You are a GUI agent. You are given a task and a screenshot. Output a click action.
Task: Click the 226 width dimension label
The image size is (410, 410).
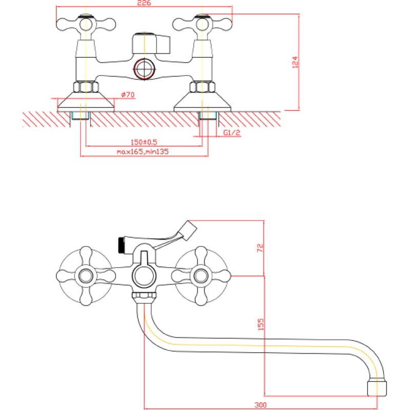point(144,3)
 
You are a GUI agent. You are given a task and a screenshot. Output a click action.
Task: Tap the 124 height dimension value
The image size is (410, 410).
point(295,62)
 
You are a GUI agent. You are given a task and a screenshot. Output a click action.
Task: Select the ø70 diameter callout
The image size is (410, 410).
point(128,94)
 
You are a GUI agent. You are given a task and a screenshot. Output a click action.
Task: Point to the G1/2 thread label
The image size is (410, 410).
point(232,133)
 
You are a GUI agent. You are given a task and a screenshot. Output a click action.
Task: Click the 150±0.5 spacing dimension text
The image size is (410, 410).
point(144,142)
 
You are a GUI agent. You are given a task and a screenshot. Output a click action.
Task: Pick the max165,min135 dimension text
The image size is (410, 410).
point(143,151)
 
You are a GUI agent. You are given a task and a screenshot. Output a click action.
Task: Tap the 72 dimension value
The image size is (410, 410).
point(260,248)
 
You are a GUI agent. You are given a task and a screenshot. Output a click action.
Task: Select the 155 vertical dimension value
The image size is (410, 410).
point(261,324)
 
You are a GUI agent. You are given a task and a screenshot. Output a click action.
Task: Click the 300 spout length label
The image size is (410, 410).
point(261,405)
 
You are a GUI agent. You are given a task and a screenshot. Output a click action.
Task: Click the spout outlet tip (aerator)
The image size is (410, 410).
point(377,388)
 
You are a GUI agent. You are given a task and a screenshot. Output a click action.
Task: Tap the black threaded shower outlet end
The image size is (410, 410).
point(121,245)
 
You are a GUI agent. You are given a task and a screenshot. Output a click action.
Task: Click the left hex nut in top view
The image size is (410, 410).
point(86,87)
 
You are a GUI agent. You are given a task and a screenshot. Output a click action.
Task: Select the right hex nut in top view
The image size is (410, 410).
point(202,87)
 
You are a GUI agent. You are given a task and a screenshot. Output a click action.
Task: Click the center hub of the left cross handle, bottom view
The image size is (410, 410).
point(86,276)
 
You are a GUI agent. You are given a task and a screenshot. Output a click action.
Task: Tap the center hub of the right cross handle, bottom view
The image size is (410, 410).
point(201,276)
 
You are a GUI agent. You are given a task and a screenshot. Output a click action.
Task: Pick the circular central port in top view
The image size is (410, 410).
point(145,69)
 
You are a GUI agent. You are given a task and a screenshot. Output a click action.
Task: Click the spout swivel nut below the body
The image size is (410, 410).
point(145,296)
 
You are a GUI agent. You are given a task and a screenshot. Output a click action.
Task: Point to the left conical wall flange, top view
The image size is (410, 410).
point(86,101)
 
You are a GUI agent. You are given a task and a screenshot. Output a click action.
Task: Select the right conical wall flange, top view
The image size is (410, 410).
point(202,101)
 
